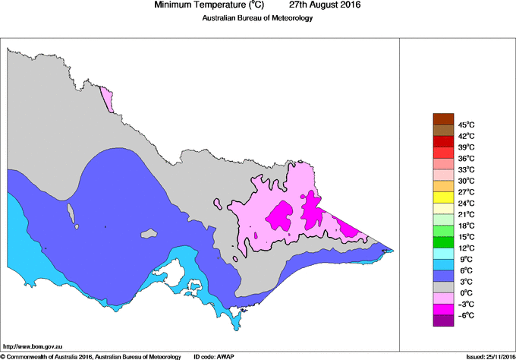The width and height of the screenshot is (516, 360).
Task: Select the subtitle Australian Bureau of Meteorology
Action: coord(257,18)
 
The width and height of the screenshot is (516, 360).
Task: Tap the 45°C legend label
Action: coord(466,125)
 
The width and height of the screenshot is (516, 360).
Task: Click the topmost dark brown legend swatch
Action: coord(442,118)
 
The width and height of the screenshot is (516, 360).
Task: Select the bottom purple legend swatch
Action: coord(442,321)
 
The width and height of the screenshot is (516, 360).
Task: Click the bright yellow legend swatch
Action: coord(442,197)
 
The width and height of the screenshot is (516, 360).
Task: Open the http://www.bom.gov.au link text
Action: coord(31,346)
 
